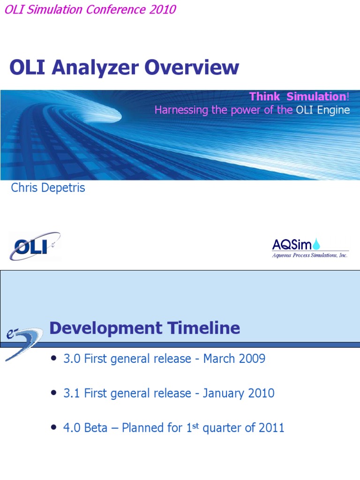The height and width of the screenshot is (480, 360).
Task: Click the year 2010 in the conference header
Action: pyautogui.click(x=163, y=10)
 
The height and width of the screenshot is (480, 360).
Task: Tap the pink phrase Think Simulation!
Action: pyautogui.click(x=299, y=97)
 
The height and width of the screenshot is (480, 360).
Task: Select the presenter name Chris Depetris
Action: pyautogui.click(x=48, y=188)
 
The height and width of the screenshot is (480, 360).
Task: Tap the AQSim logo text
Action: pyautogui.click(x=292, y=244)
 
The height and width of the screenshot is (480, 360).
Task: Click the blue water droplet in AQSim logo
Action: pyautogui.click(x=317, y=243)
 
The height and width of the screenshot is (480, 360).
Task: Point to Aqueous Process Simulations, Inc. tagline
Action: pyautogui.click(x=310, y=255)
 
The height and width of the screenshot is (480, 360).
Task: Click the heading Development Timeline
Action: pyautogui.click(x=144, y=328)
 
